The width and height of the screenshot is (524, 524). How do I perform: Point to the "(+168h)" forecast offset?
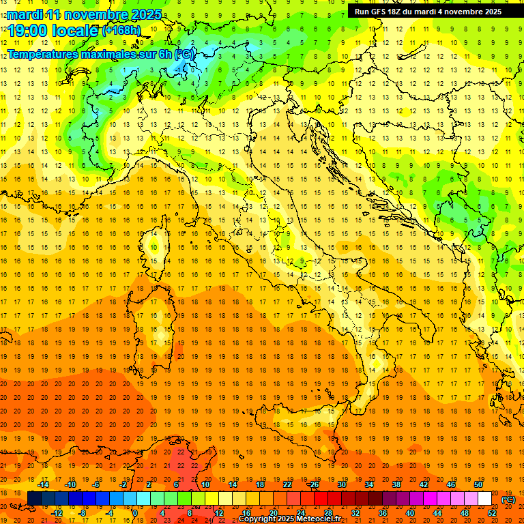121,30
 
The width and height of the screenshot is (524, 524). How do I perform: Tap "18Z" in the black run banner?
399,11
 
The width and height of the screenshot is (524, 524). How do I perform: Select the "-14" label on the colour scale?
44,484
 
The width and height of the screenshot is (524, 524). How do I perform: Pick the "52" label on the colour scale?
492,513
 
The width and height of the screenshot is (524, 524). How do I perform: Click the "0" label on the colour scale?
136,513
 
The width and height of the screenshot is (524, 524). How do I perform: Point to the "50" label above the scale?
478,484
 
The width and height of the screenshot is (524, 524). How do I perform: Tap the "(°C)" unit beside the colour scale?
508,499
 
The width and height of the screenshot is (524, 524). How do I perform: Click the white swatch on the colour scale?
484,499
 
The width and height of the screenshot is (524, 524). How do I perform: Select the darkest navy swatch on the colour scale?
34,499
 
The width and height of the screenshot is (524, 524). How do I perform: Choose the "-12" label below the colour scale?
57,513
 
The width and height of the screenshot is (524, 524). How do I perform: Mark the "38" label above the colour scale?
396,484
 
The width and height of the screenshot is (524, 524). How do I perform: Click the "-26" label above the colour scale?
313,484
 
